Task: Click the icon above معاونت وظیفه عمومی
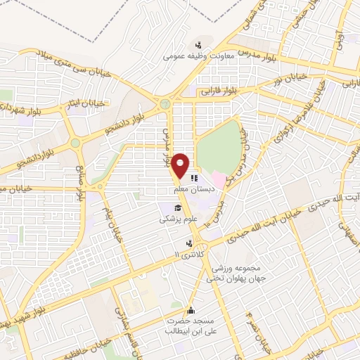click(198, 44)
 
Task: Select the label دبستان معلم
click(193, 191)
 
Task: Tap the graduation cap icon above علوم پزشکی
click(178, 209)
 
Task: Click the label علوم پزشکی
click(172, 219)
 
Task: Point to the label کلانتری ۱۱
click(186, 253)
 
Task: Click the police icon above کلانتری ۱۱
click(187, 243)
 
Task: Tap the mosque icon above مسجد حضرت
click(189, 310)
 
